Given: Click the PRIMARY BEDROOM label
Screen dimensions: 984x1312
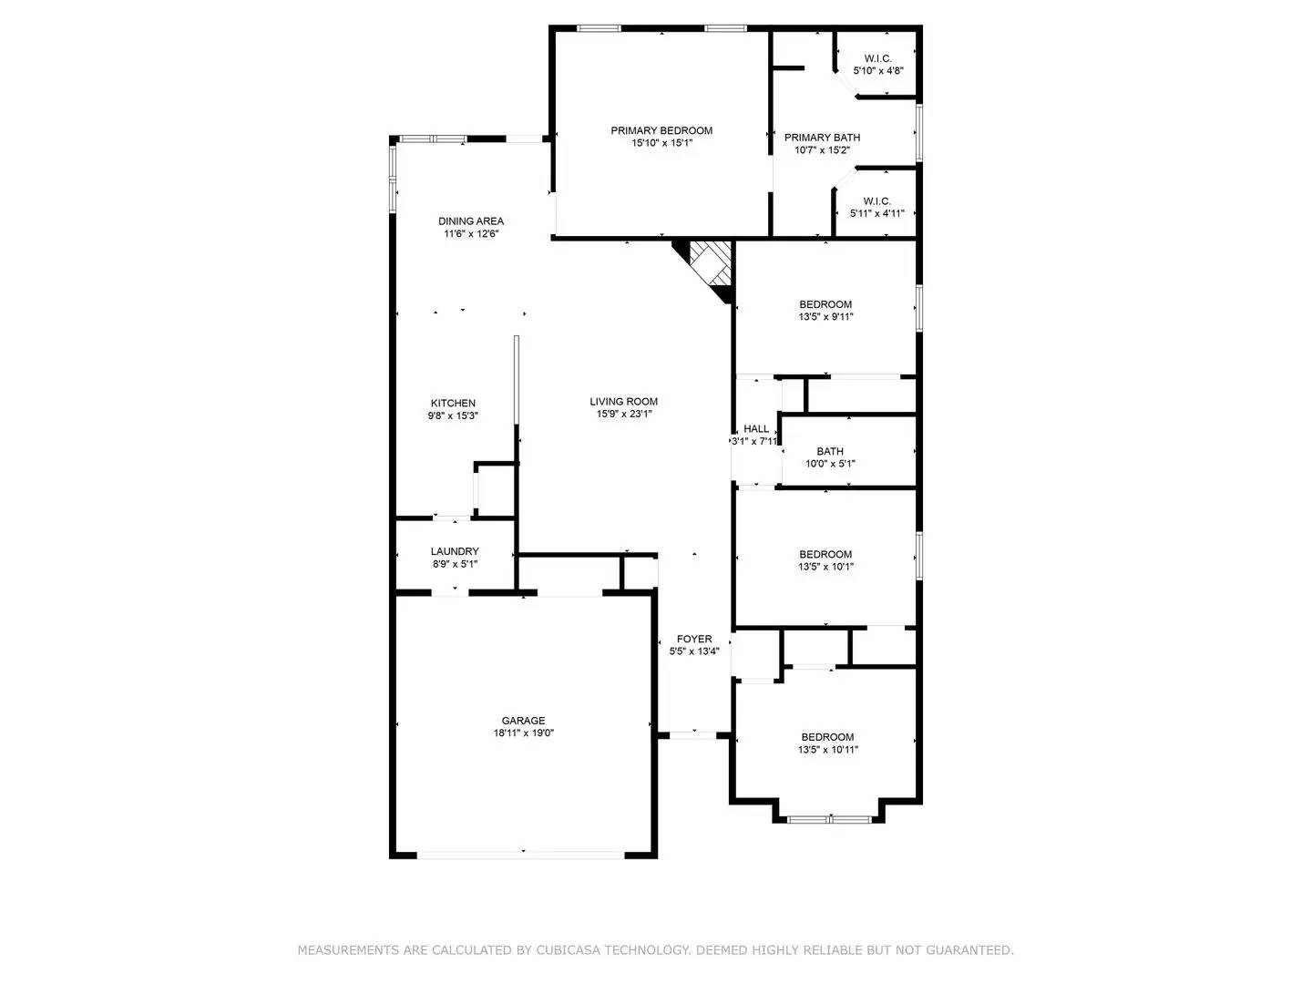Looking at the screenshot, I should click(661, 130).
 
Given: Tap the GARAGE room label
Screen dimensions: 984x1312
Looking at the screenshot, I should click(523, 721).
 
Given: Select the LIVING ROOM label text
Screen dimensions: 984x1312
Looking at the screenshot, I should click(623, 401).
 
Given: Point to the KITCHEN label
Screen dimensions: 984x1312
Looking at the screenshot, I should click(453, 403).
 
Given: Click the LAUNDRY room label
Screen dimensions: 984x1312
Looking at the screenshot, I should click(455, 551).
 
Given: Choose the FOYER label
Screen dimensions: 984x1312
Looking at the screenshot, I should click(694, 639).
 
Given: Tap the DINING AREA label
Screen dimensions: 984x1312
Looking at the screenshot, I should click(471, 220).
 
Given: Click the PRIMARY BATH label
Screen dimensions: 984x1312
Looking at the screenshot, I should click(822, 138).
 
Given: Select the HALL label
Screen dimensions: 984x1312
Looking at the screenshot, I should click(756, 428).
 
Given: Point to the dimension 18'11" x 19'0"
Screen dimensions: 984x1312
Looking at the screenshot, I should click(524, 733).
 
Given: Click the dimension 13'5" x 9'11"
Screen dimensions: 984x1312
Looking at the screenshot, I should click(825, 317).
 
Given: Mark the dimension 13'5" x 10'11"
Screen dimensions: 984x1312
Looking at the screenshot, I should click(827, 750).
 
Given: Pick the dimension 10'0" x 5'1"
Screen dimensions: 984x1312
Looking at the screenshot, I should click(830, 464).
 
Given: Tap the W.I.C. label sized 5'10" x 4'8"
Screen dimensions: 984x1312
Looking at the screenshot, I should click(878, 58).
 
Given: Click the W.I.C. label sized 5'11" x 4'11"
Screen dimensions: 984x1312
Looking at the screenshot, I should click(876, 201).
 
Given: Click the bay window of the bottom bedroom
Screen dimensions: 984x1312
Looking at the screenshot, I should click(829, 819).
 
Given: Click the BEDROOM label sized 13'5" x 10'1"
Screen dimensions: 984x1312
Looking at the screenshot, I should click(825, 554).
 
